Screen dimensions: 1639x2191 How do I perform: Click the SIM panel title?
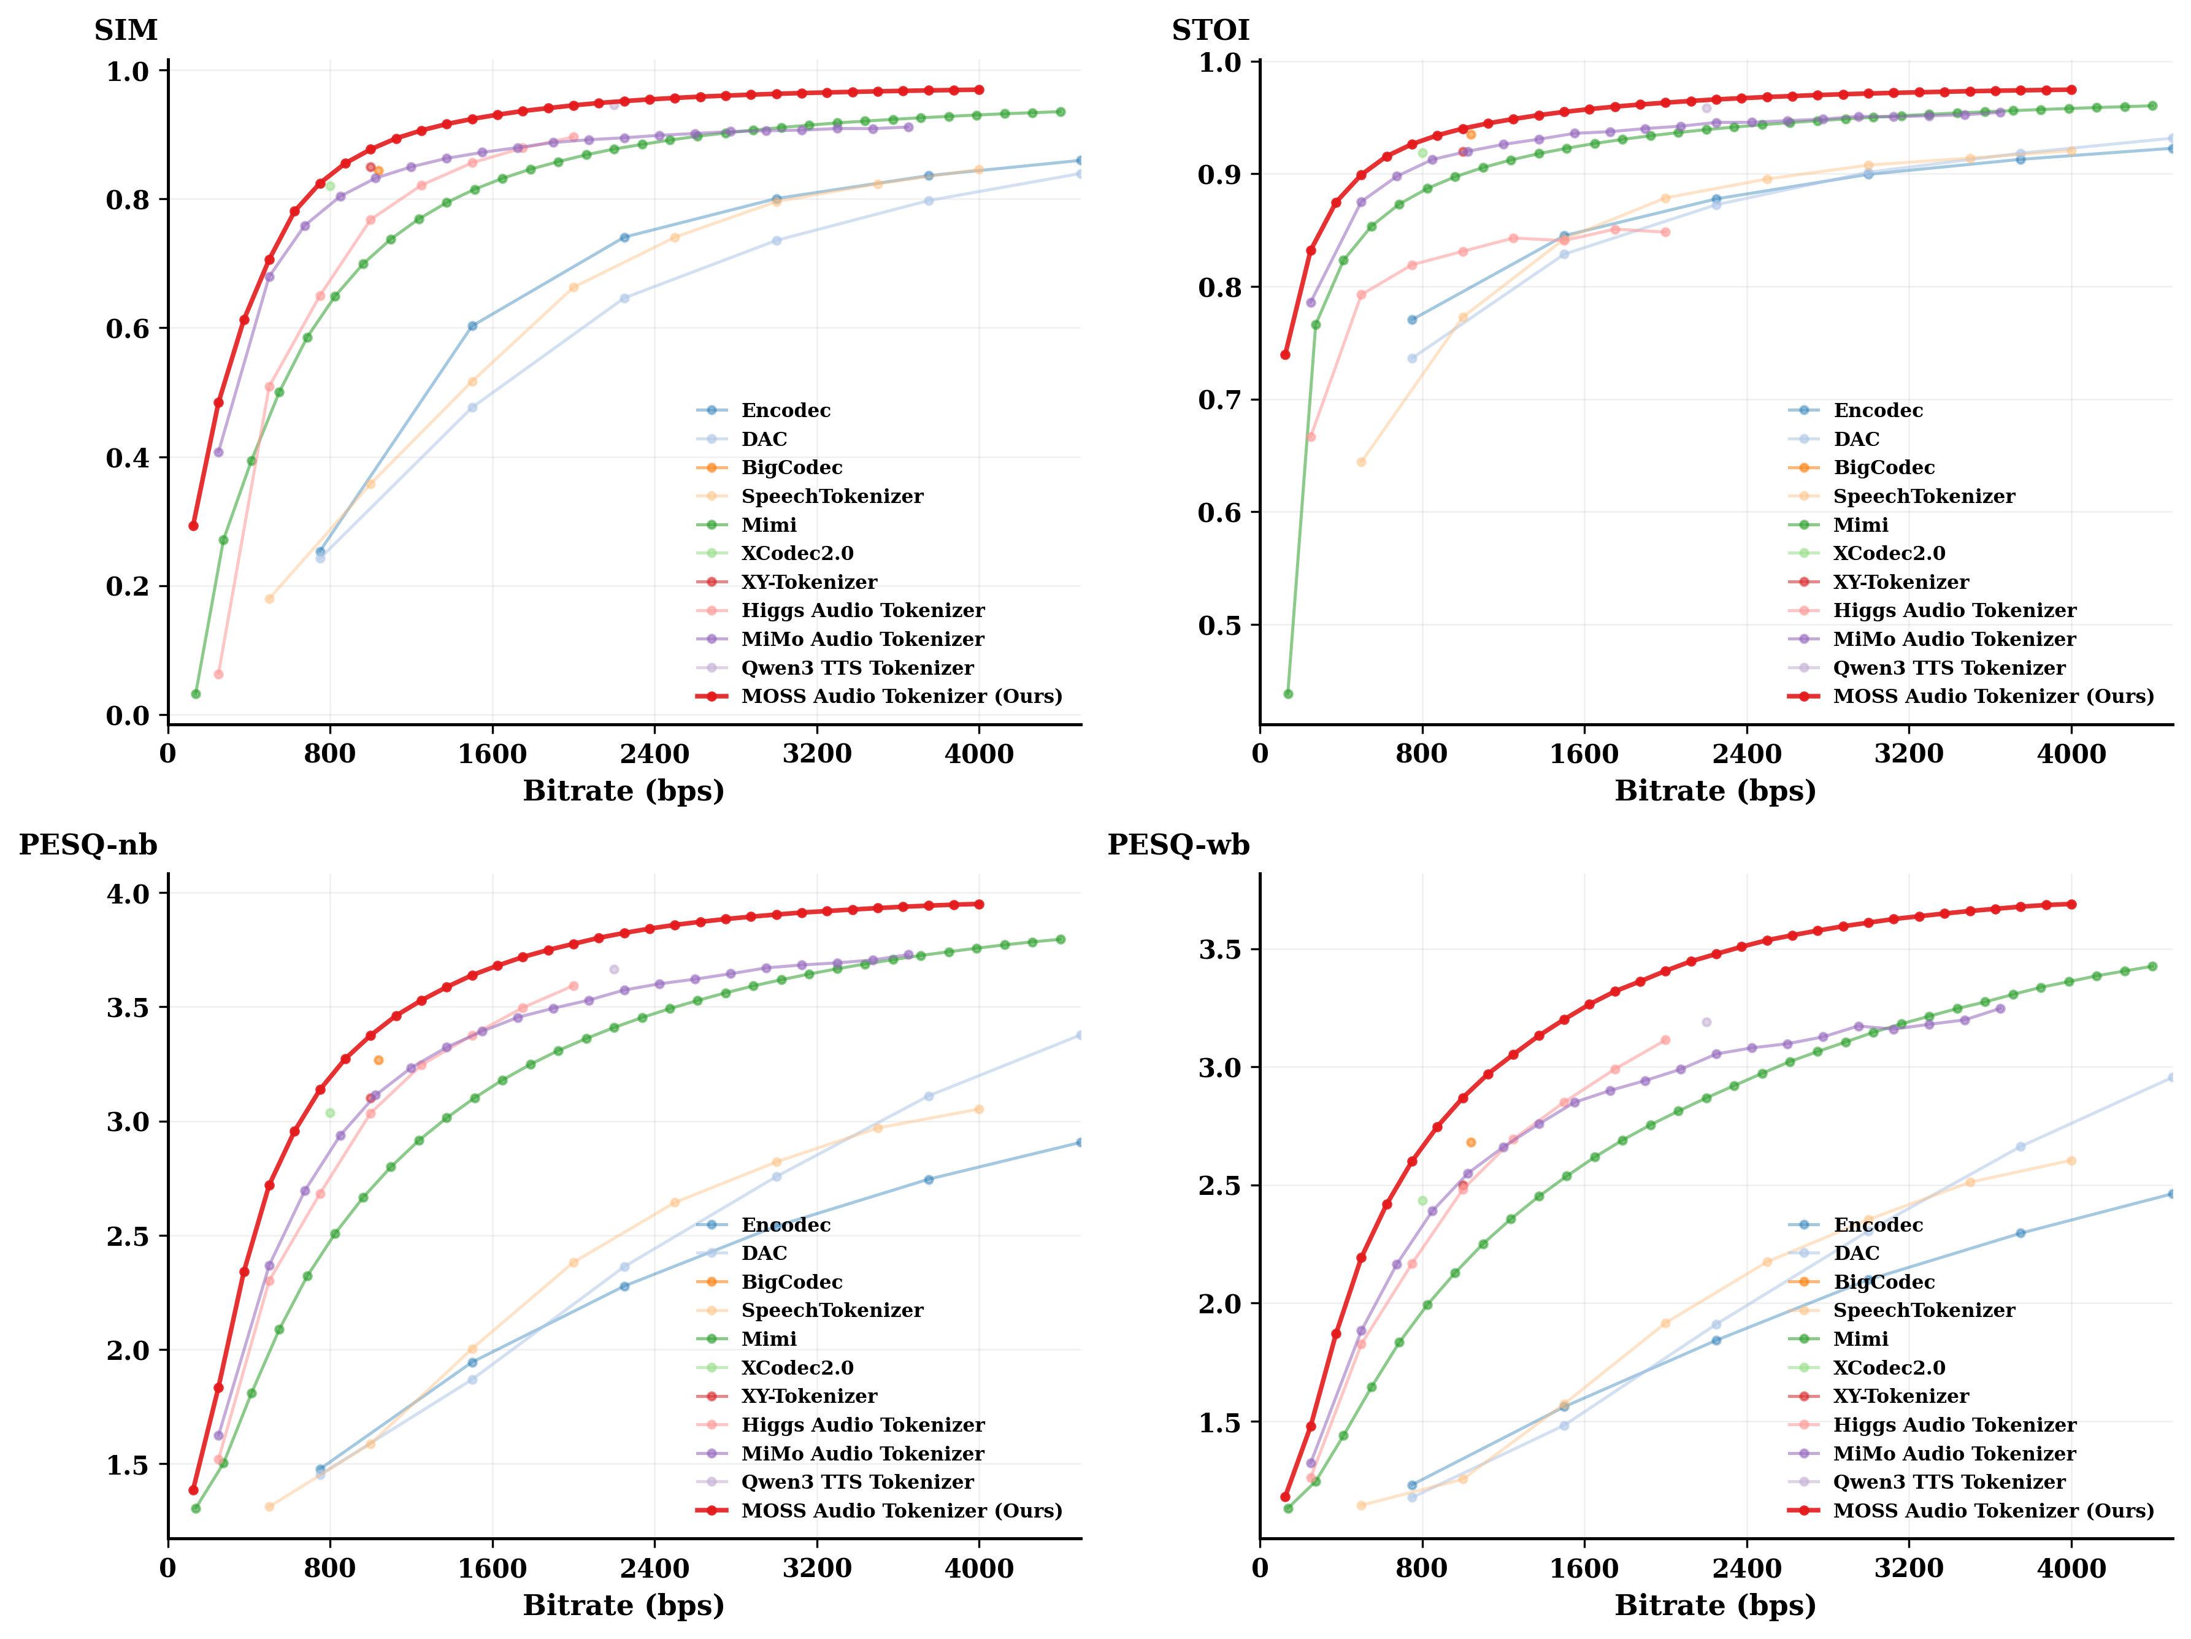click(126, 31)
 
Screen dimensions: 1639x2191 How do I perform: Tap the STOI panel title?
click(1210, 31)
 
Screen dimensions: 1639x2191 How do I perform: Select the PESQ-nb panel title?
click(88, 845)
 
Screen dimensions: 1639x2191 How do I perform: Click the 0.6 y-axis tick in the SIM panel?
click(128, 329)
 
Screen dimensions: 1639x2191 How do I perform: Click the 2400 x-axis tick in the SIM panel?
click(654, 754)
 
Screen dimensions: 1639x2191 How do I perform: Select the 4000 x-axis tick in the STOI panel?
click(2071, 754)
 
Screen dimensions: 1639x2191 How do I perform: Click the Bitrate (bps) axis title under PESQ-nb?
click(624, 1605)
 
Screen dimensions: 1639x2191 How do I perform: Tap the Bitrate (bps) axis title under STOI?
click(1716, 791)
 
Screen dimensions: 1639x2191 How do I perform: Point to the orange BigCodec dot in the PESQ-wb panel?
click(1471, 1143)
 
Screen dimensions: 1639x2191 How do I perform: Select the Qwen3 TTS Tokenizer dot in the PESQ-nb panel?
click(614, 970)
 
